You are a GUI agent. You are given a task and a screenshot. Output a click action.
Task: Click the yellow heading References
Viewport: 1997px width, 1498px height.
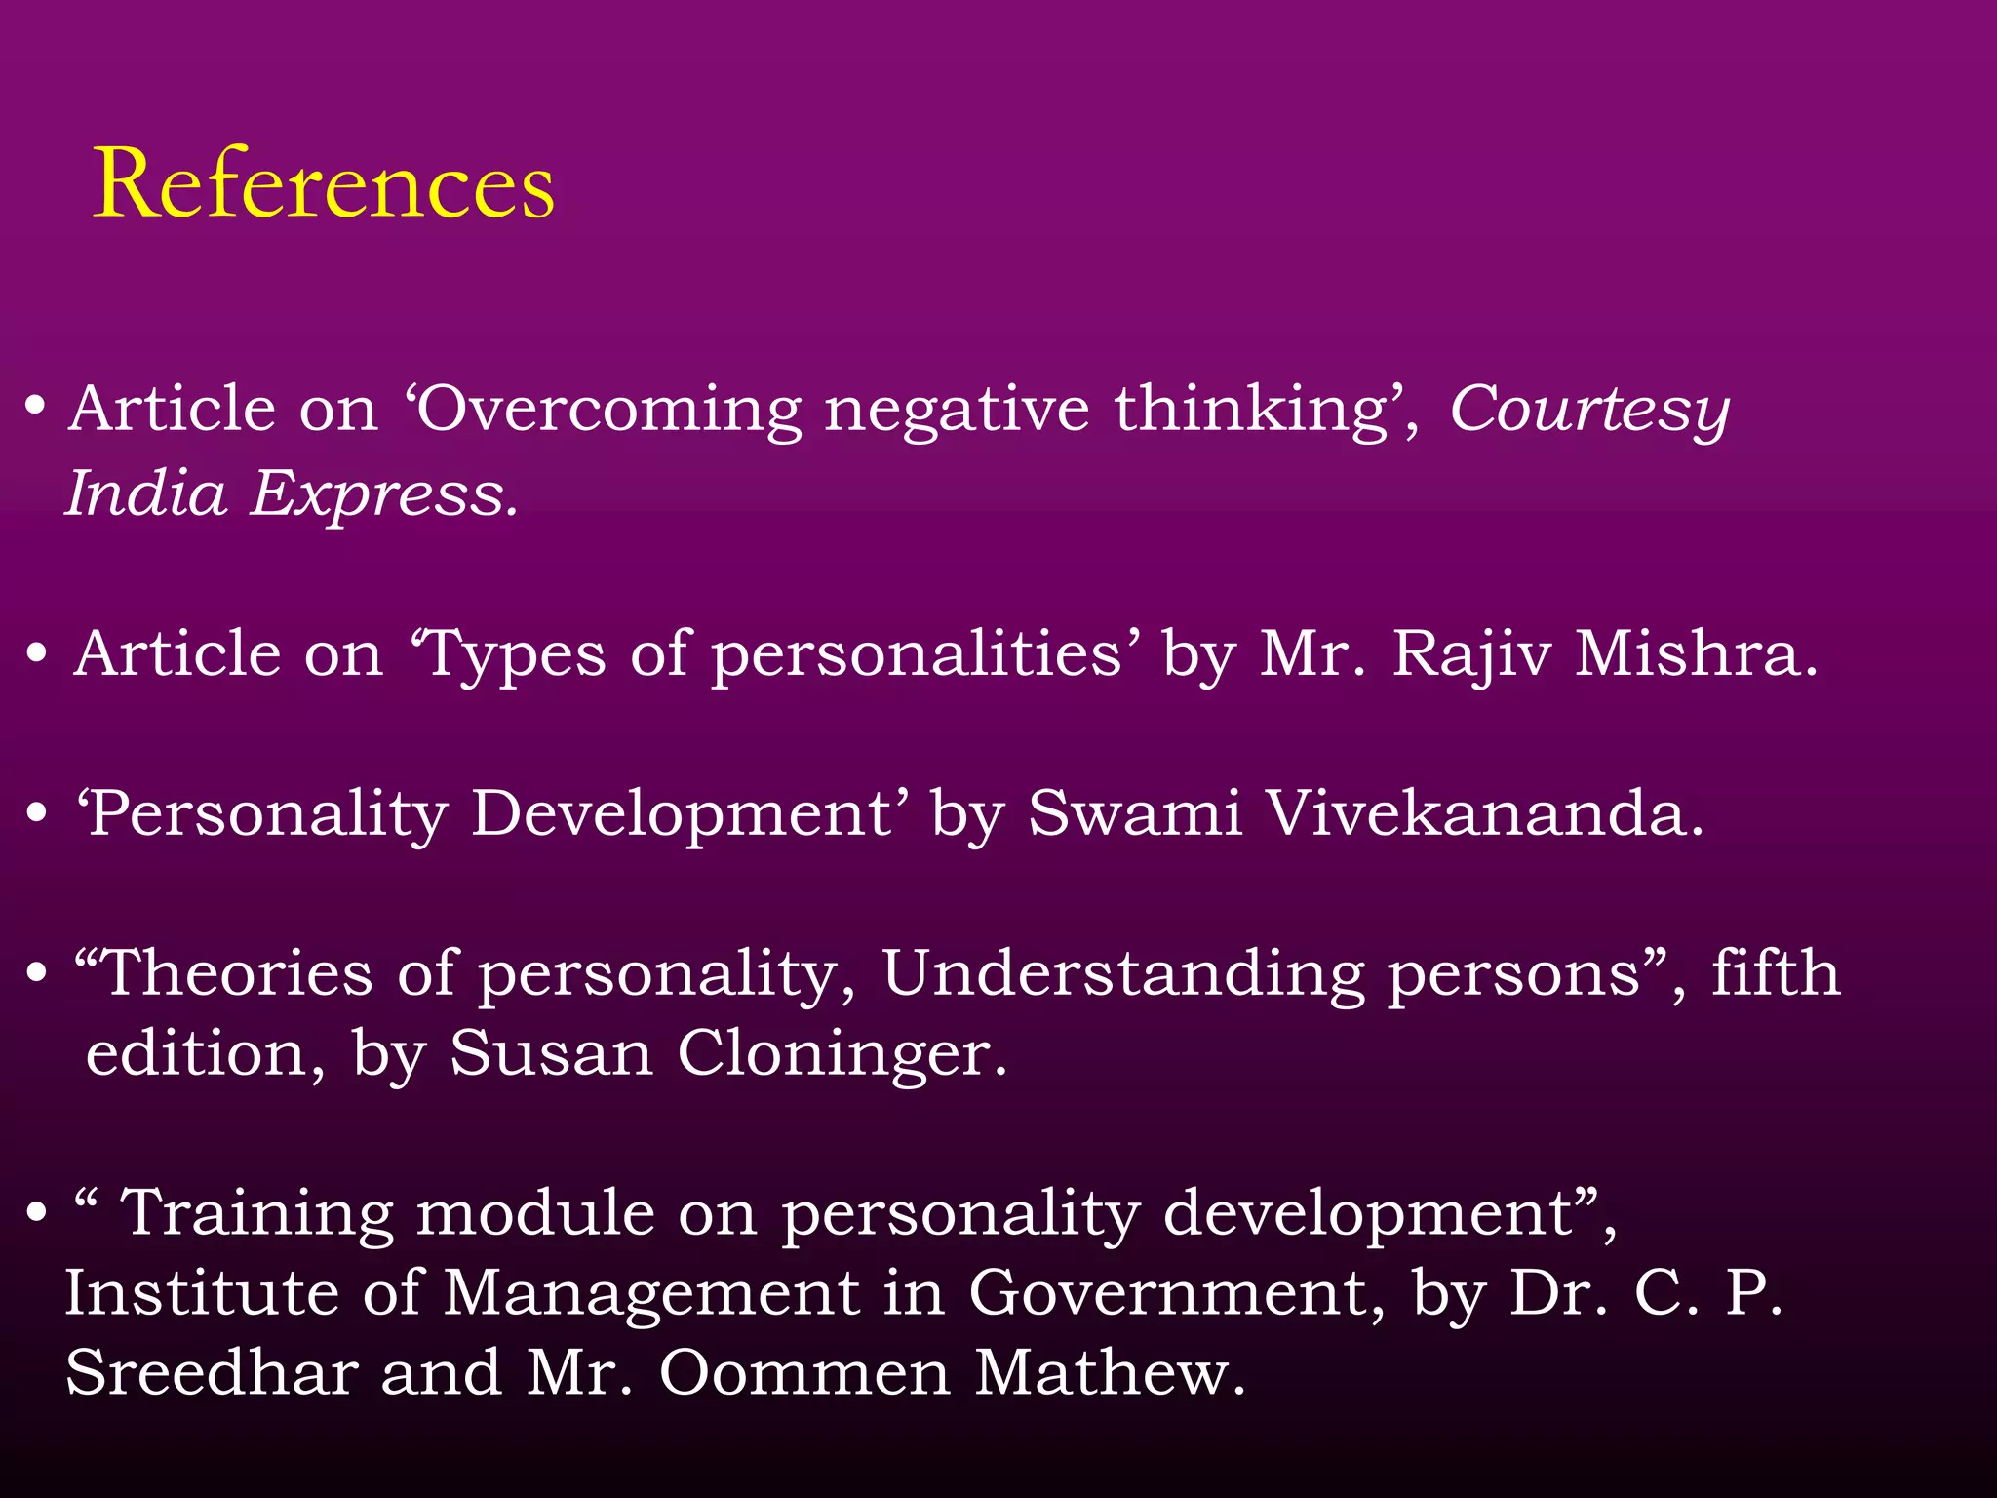point(324,185)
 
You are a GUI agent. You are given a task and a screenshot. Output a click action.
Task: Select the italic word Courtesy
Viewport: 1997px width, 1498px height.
point(1588,410)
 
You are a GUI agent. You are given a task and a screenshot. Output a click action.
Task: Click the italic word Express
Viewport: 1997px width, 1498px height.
point(382,494)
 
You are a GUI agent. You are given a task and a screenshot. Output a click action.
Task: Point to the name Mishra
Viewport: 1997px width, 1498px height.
point(1696,653)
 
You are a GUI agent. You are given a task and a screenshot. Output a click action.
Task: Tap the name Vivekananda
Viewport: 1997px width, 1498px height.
point(1483,813)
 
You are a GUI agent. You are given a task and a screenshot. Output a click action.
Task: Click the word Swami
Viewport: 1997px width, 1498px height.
point(1135,813)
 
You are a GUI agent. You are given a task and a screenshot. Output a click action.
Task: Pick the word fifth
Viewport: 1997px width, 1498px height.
point(1776,974)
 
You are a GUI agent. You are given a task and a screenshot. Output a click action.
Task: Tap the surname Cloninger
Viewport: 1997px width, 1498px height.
point(842,1054)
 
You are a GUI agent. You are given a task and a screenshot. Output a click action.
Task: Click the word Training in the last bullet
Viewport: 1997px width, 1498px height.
point(256,1214)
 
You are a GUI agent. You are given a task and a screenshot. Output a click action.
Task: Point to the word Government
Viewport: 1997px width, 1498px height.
point(1176,1294)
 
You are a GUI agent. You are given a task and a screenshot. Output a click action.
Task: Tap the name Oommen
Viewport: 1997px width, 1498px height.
point(804,1374)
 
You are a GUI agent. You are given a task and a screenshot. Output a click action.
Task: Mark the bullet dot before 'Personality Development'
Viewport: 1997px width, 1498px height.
point(37,813)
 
